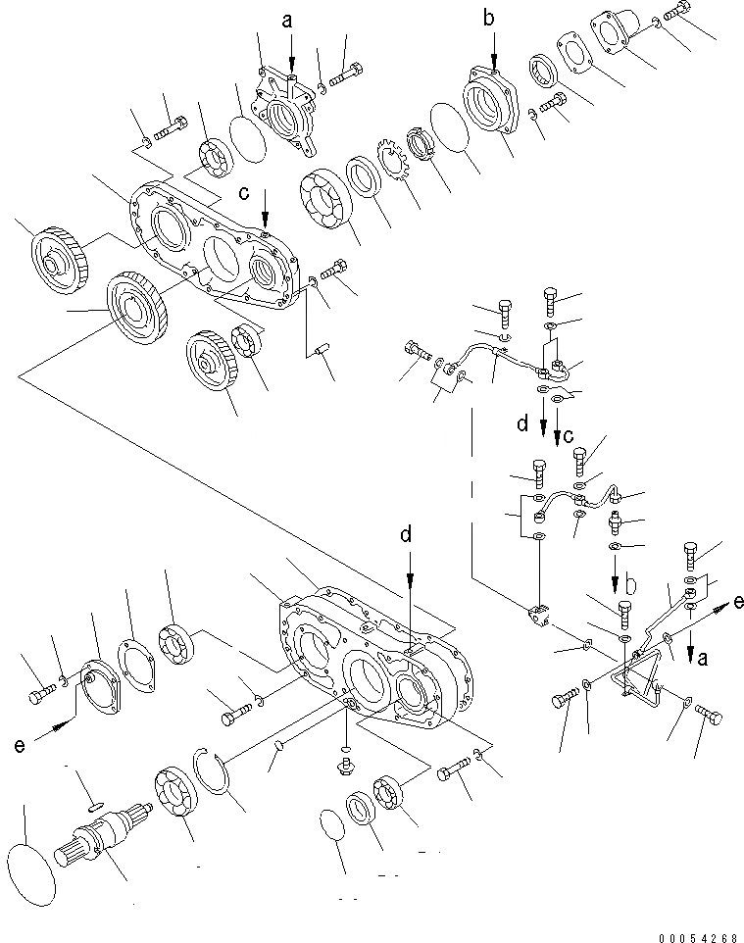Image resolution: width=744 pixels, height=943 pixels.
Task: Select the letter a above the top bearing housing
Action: point(286,20)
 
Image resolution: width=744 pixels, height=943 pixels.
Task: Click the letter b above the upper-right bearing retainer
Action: point(490,16)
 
